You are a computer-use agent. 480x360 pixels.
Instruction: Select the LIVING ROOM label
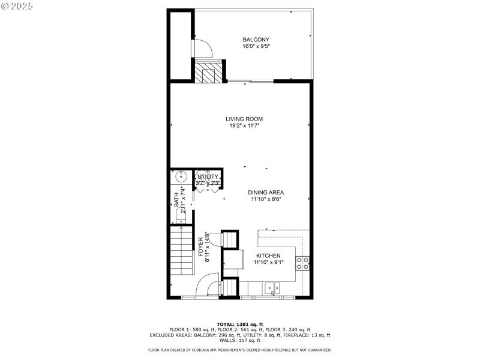tap(244, 119)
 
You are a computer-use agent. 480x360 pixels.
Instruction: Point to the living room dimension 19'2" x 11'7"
tap(244, 126)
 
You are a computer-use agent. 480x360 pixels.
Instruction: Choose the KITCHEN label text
tap(268, 255)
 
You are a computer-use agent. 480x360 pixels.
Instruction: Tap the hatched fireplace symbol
tap(206, 73)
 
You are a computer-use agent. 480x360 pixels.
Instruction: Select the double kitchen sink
tap(274, 289)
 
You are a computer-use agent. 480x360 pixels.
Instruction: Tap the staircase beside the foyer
tap(179, 252)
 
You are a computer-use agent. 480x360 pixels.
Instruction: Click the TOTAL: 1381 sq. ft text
tap(240, 324)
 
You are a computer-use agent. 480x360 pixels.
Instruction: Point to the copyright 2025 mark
tap(18, 6)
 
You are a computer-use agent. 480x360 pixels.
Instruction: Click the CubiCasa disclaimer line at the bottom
tap(240, 349)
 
